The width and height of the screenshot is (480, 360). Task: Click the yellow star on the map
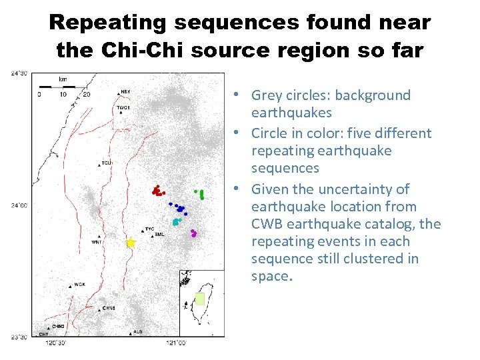pos(131,243)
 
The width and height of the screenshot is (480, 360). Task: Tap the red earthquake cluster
pos(157,191)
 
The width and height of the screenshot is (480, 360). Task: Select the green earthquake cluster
pos(200,194)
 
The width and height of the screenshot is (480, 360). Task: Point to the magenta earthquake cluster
pos(193,233)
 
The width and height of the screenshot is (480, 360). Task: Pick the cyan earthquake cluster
pos(176,221)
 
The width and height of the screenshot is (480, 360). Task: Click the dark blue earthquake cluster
pos(179,209)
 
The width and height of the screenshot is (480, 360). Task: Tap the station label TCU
pos(107,163)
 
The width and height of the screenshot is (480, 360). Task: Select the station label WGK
pos(79,285)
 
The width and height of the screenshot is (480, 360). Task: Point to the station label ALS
pos(137,331)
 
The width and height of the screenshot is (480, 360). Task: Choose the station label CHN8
pos(109,309)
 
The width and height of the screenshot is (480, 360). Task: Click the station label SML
pos(159,235)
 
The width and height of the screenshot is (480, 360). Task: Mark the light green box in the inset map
pos(199,299)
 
